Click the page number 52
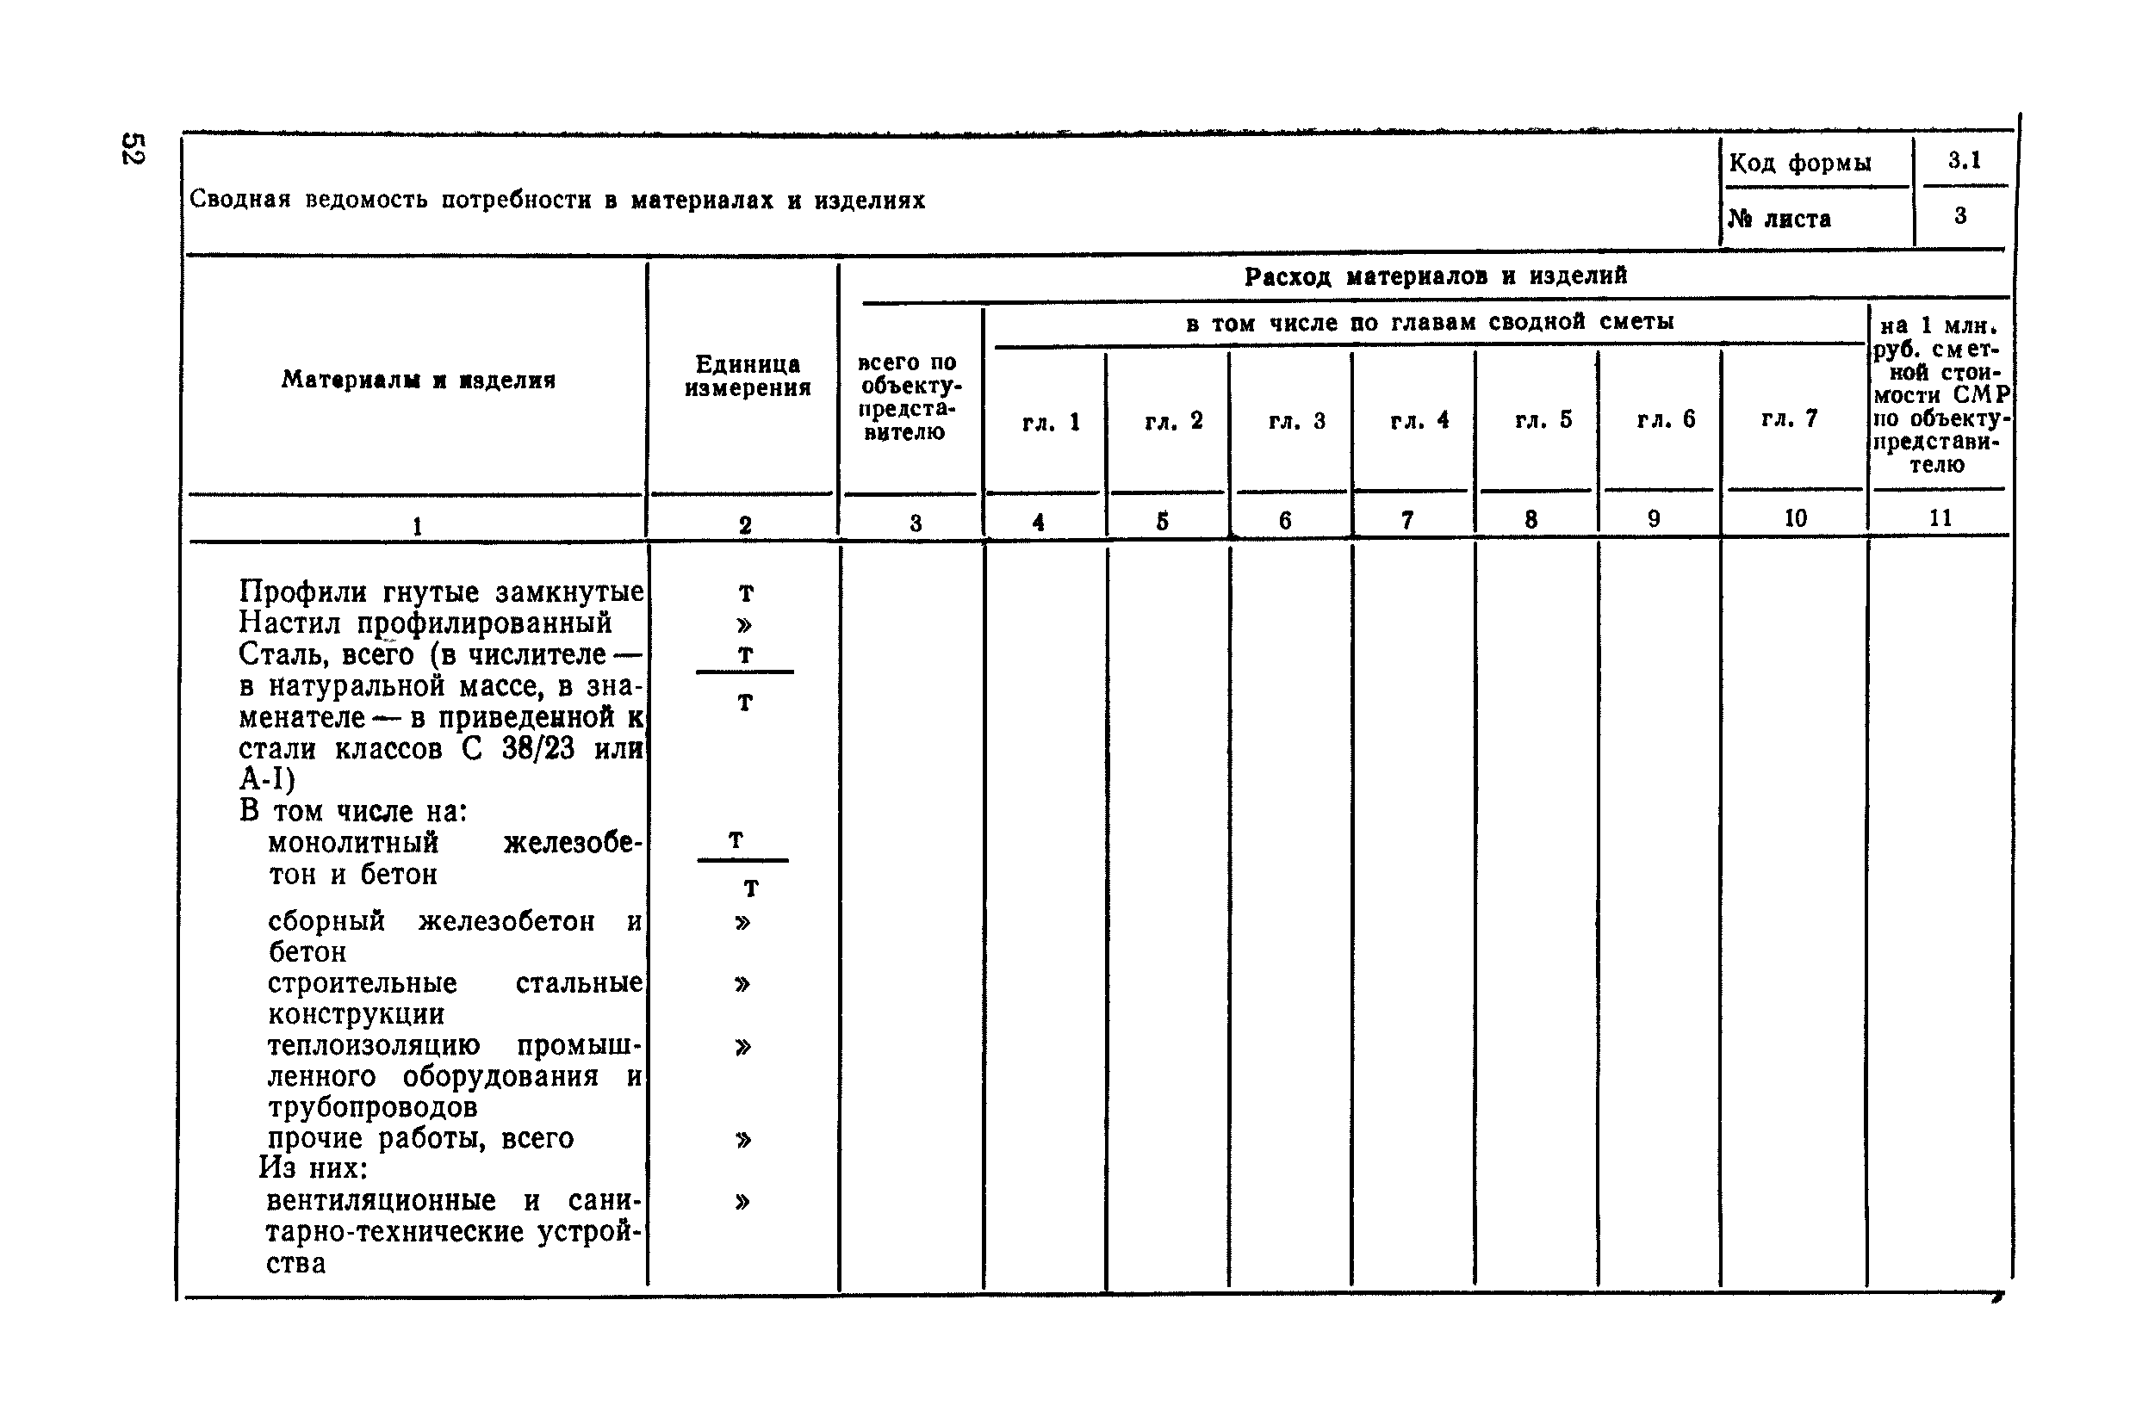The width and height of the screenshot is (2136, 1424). (x=133, y=149)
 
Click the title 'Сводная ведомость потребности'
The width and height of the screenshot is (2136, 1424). (x=556, y=200)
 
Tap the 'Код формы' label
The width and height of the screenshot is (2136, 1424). (x=1799, y=164)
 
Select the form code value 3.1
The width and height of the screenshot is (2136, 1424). (x=1964, y=161)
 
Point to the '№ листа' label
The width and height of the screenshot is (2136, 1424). (x=1779, y=219)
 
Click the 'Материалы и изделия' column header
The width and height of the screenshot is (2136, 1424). (x=418, y=380)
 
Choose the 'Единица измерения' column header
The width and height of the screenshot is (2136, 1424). (x=747, y=376)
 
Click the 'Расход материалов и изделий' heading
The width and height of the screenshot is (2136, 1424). (x=1436, y=276)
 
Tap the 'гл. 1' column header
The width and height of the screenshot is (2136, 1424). (x=1050, y=423)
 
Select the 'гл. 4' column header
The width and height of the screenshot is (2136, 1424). (x=1419, y=420)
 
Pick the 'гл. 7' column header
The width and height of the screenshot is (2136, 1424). (x=1789, y=418)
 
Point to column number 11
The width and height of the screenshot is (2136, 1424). (x=1940, y=517)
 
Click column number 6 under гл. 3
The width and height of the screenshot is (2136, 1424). (x=1285, y=520)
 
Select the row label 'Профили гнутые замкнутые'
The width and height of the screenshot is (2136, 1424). (x=442, y=592)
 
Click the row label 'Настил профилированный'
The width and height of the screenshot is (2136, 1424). (x=425, y=623)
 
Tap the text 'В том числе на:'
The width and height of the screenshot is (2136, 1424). (x=353, y=811)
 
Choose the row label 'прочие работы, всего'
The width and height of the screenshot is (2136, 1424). (x=420, y=1138)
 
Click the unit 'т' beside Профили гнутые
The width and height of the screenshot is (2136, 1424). (x=746, y=593)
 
